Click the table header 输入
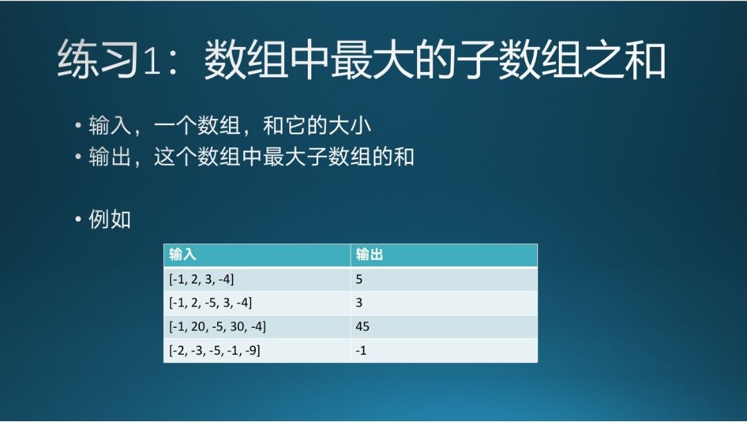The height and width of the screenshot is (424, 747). tap(183, 255)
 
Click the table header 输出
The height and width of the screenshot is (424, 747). tap(369, 255)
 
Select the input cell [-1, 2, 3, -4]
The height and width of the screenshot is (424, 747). tap(201, 279)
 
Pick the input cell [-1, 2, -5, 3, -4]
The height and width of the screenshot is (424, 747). tap(210, 302)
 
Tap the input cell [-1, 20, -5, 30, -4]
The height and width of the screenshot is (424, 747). tap(218, 326)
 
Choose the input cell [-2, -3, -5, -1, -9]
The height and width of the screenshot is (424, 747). tap(215, 351)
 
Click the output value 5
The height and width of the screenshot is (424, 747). tap(359, 279)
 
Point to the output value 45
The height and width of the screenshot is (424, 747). tap(362, 326)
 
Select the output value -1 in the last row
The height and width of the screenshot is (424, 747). tap(361, 351)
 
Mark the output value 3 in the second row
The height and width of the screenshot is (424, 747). tap(359, 302)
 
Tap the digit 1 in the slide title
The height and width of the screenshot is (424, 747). tap(152, 61)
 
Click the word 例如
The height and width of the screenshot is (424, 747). tap(109, 220)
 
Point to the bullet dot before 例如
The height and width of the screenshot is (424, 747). tap(78, 220)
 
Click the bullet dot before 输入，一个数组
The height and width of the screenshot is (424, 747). tap(78, 126)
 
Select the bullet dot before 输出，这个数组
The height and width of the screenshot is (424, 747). tap(78, 156)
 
